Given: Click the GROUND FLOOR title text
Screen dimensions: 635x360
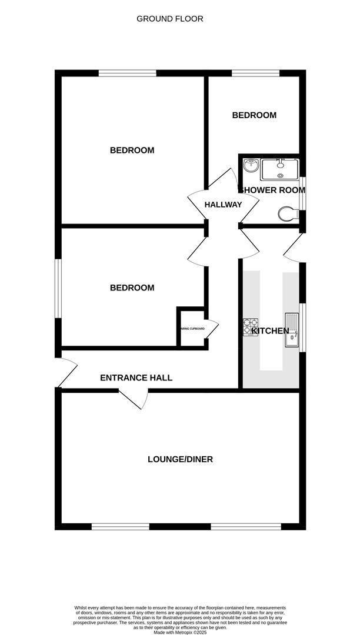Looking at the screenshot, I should coord(170,19).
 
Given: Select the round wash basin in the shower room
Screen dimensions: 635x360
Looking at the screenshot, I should coord(251,165).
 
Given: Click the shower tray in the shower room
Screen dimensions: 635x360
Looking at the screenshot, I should coord(280,169).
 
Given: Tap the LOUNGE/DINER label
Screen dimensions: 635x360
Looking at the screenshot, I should coord(180,459).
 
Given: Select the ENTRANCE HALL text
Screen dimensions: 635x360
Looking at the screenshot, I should coord(136,378).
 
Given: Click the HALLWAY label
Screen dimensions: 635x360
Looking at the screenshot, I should coord(223,205).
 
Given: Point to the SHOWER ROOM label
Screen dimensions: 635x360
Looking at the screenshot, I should coord(271,189).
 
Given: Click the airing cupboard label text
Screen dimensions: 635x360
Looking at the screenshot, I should coord(192,329).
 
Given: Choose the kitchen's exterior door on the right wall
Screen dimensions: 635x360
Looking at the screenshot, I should coord(293,247).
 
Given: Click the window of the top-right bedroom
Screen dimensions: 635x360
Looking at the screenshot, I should coord(255,73).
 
